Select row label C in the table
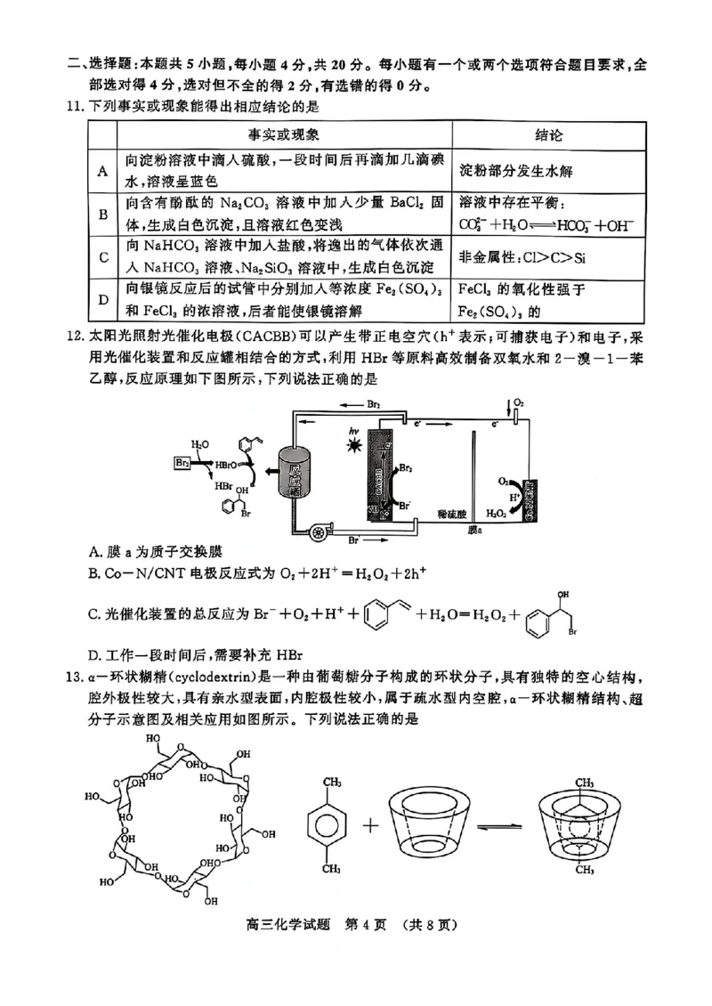(102, 257)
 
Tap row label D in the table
(102, 299)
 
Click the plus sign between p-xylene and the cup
(370, 824)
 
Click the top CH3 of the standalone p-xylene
(331, 781)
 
